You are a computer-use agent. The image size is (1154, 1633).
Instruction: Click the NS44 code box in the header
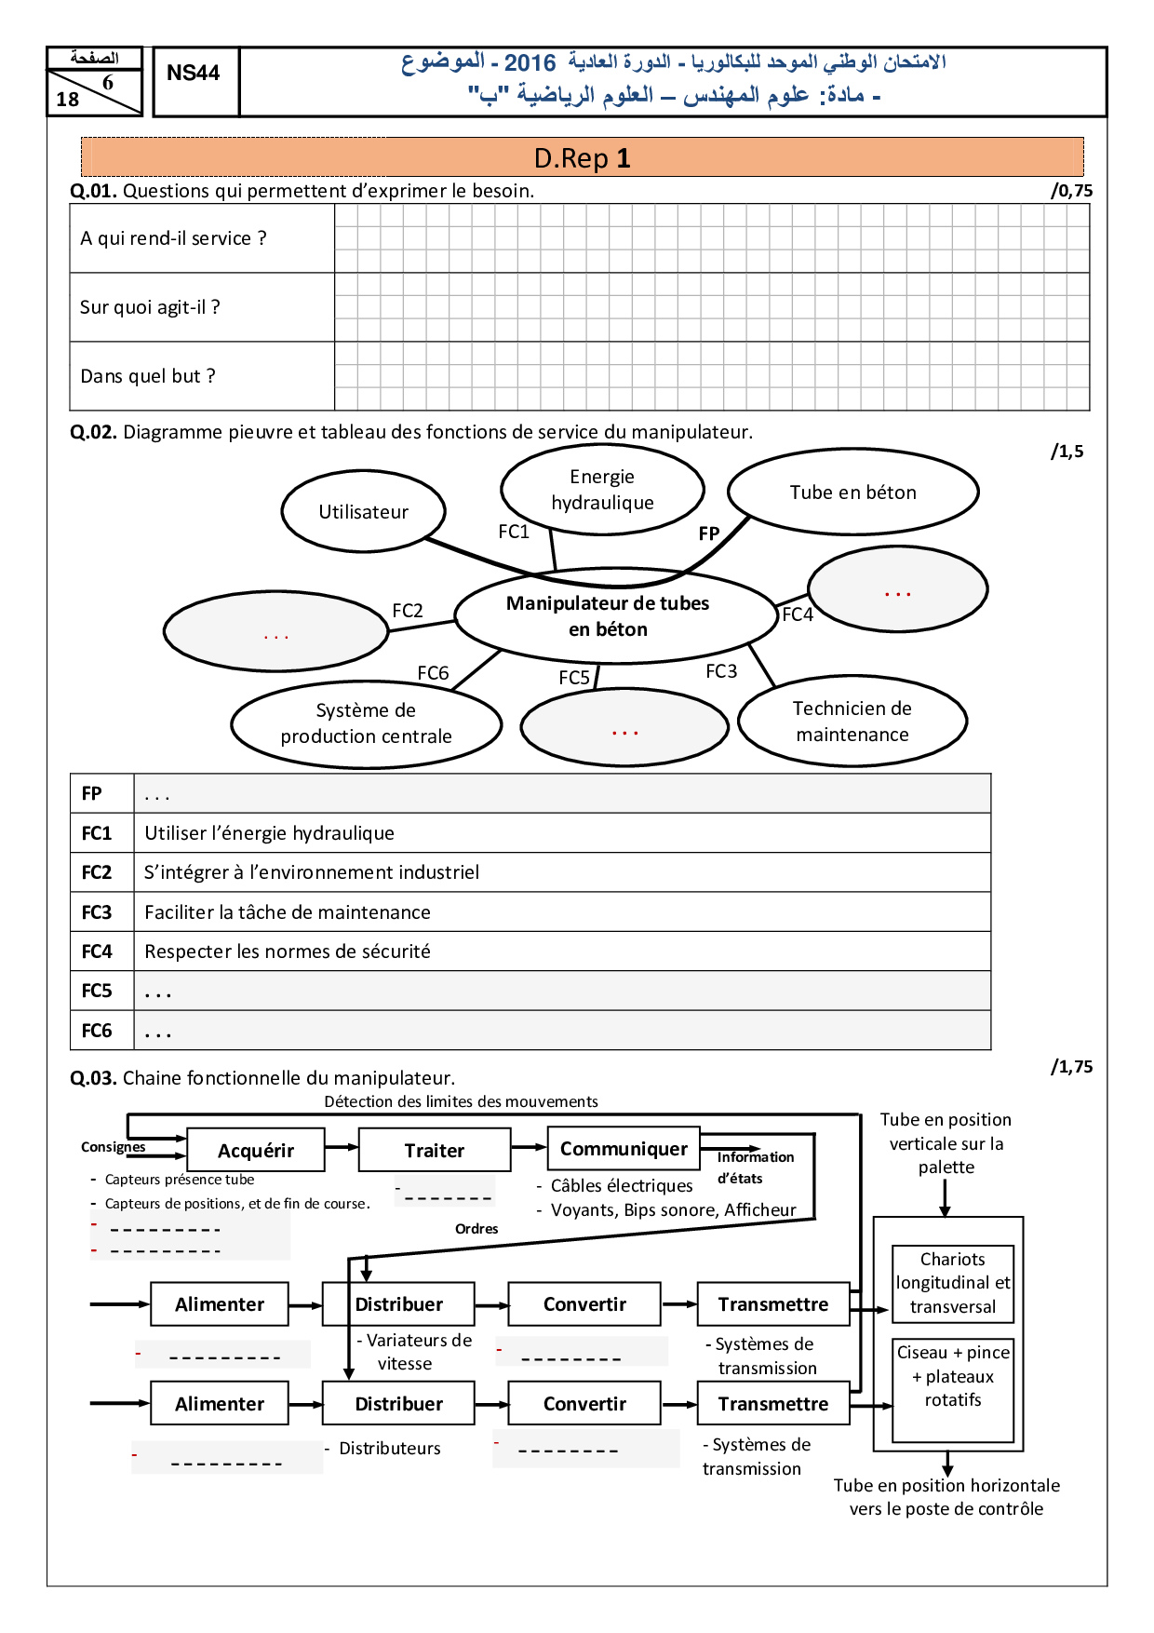click(194, 74)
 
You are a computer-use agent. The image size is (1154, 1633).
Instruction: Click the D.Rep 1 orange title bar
click(583, 157)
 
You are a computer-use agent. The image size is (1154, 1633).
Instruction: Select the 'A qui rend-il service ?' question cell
click(202, 238)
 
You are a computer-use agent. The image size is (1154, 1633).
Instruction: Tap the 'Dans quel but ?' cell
click(202, 376)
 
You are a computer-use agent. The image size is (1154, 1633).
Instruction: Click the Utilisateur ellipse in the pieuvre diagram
click(363, 511)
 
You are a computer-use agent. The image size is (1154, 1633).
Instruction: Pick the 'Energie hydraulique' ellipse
click(602, 490)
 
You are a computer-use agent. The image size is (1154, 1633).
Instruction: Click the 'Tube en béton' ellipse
click(852, 493)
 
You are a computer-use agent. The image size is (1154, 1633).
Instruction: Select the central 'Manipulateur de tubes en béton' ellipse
click(608, 615)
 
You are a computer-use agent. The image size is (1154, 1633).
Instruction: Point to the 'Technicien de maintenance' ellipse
click(852, 722)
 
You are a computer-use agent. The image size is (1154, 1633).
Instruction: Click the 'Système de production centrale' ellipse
click(366, 723)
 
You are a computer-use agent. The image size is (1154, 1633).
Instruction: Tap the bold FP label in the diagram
click(709, 533)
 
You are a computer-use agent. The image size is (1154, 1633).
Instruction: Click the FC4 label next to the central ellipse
click(798, 614)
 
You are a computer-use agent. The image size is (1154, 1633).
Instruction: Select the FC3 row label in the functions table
click(97, 912)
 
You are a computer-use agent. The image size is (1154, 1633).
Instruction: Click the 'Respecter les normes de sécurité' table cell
click(562, 951)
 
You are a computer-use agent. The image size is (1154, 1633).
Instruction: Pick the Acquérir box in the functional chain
click(256, 1151)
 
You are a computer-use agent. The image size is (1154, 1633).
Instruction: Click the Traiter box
click(435, 1151)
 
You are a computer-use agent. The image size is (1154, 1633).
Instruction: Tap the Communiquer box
click(624, 1149)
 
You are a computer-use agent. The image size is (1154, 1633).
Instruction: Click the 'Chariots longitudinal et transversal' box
click(952, 1283)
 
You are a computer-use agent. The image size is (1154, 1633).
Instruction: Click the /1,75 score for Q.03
click(1071, 1067)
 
